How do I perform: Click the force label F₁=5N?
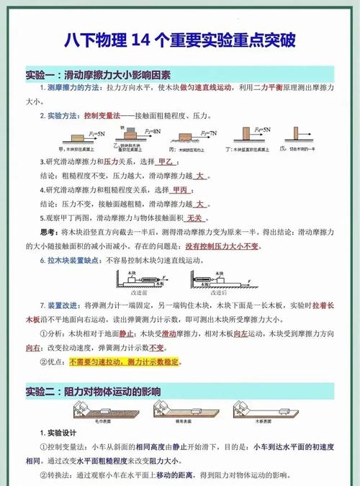96,134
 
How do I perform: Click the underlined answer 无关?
194,217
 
